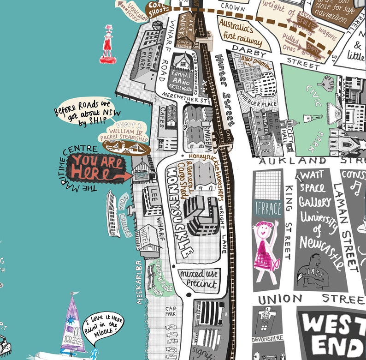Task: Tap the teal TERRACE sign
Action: pos(268,208)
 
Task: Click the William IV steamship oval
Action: pos(126,148)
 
